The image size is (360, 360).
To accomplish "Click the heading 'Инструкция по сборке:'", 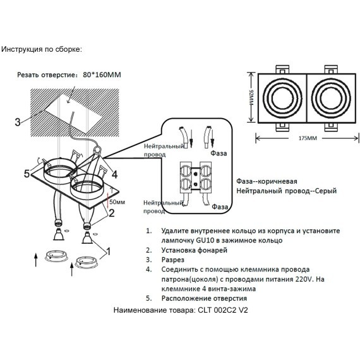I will click(42, 49).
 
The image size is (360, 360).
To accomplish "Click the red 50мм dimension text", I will click(117, 202).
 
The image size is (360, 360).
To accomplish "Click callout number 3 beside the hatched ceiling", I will click(18, 122).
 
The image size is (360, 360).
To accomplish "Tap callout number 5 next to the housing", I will click(27, 173).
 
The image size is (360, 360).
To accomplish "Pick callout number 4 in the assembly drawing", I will click(114, 173).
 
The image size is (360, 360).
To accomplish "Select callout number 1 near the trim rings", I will click(107, 251).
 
